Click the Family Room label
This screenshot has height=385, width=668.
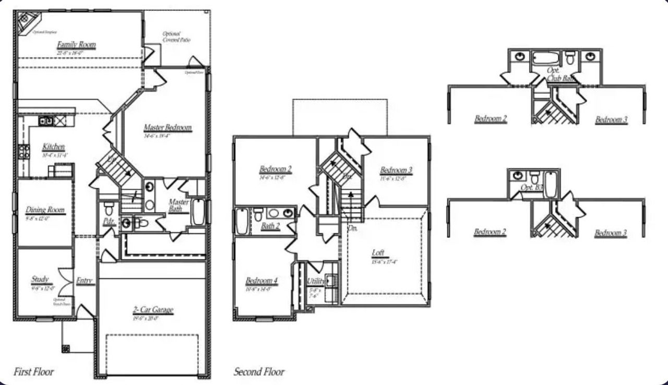pyautogui.click(x=76, y=45)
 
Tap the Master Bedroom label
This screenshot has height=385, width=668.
pyautogui.click(x=168, y=128)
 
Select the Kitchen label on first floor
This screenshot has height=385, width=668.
pyautogui.click(x=53, y=147)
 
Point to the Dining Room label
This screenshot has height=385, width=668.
pyautogui.click(x=45, y=210)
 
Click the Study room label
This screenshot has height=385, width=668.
pyautogui.click(x=40, y=280)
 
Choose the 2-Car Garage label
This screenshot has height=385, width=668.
pyautogui.click(x=152, y=310)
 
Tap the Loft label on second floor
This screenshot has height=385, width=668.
pyautogui.click(x=378, y=253)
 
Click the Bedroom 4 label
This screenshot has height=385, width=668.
pyautogui.click(x=261, y=281)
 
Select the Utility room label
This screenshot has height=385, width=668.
pyautogui.click(x=316, y=281)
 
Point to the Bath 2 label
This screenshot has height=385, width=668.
pyautogui.click(x=271, y=226)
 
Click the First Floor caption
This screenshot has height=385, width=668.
pyautogui.click(x=33, y=372)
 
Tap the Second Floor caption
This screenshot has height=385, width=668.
pyautogui.click(x=259, y=372)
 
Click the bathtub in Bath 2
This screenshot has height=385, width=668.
pyautogui.click(x=242, y=222)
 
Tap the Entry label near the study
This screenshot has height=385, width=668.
pyautogui.click(x=85, y=281)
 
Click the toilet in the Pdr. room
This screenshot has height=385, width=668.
pyautogui.click(x=109, y=209)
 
